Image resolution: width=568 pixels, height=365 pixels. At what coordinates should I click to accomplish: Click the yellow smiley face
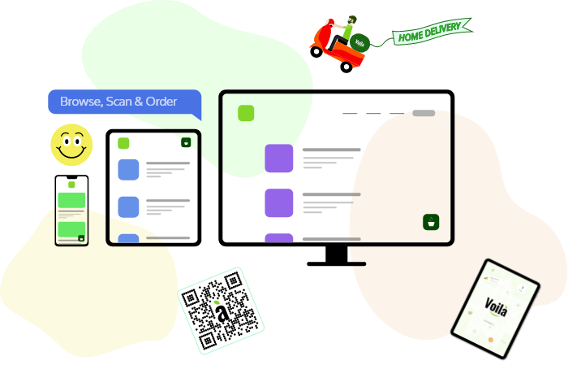[71, 145]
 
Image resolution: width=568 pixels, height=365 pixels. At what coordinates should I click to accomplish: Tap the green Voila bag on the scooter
[361, 43]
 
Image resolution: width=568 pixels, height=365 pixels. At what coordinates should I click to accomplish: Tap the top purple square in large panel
[279, 159]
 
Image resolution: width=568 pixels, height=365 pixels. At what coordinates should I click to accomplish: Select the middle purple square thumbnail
[279, 202]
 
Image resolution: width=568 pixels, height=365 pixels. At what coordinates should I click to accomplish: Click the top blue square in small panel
[128, 169]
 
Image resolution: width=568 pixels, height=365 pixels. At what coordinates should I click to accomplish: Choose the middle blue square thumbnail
[128, 206]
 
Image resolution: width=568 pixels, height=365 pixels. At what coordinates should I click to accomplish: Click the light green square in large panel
[246, 113]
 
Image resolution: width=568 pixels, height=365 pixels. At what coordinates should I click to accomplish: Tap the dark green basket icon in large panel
[431, 222]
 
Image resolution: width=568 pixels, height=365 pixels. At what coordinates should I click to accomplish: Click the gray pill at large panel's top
[423, 113]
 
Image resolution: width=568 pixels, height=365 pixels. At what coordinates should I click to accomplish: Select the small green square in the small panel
[123, 144]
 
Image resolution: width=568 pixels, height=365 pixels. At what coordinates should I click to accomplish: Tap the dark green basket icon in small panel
[186, 142]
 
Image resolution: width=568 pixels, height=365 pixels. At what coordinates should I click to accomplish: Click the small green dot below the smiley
[71, 185]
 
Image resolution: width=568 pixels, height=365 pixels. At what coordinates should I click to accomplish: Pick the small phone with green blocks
[71, 219]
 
